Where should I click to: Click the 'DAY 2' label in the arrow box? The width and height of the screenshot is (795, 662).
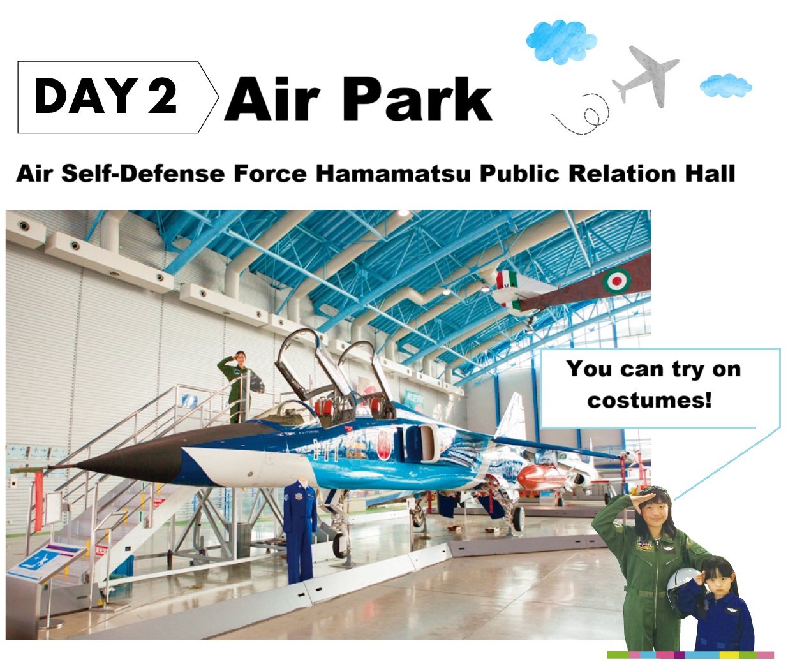pos(105,96)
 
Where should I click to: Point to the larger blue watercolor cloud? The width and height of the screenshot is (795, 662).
pos(561,42)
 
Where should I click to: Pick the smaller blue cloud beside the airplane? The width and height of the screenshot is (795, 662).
pos(725,85)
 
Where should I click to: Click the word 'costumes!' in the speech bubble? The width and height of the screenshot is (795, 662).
pos(649,401)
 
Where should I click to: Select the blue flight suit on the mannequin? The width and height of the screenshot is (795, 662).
pos(300,532)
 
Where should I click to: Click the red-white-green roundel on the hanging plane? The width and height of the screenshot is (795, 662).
pos(617,281)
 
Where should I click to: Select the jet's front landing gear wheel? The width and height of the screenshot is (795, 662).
pos(339,545)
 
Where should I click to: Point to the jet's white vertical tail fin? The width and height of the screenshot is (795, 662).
pos(510,417)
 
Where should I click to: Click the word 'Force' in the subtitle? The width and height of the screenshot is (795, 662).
pos(270,173)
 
